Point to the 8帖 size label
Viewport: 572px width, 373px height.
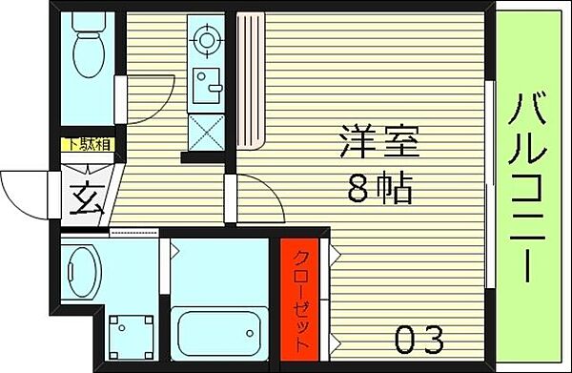pyautogui.click(x=379, y=190)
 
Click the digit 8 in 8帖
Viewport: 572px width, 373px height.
pyautogui.click(x=358, y=190)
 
